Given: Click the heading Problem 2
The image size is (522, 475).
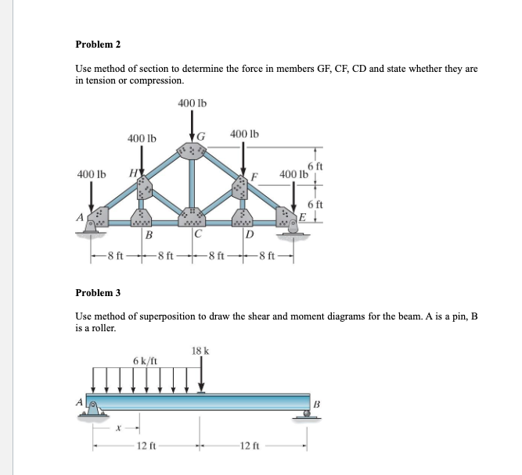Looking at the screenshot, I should pyautogui.click(x=98, y=44).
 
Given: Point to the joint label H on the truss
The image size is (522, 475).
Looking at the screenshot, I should pyautogui.click(x=132, y=173).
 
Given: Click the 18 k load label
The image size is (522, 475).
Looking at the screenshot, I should pyautogui.click(x=200, y=351).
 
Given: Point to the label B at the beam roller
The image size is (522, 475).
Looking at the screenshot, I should pyautogui.click(x=318, y=404).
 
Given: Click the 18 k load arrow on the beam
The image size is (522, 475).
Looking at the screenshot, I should pyautogui.click(x=202, y=375).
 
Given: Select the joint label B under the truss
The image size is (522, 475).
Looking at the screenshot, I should pyautogui.click(x=147, y=234).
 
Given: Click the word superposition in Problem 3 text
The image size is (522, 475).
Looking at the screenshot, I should pyautogui.click(x=156, y=317).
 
